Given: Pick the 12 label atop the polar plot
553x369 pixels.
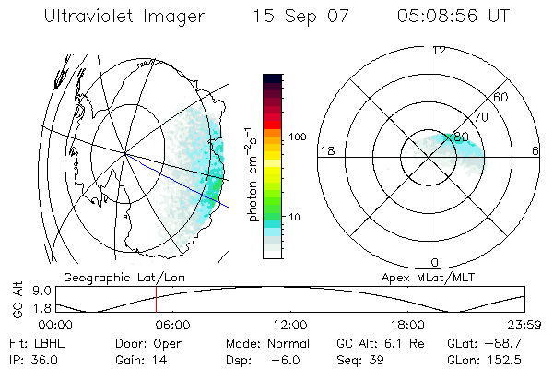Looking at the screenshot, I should tap(439, 51).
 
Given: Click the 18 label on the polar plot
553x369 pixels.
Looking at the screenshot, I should tap(326, 150).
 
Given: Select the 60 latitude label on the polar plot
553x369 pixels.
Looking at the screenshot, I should tap(500, 97).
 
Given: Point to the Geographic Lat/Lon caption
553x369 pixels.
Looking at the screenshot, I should tap(111, 277).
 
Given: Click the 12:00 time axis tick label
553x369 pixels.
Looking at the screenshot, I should tap(290, 326).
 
